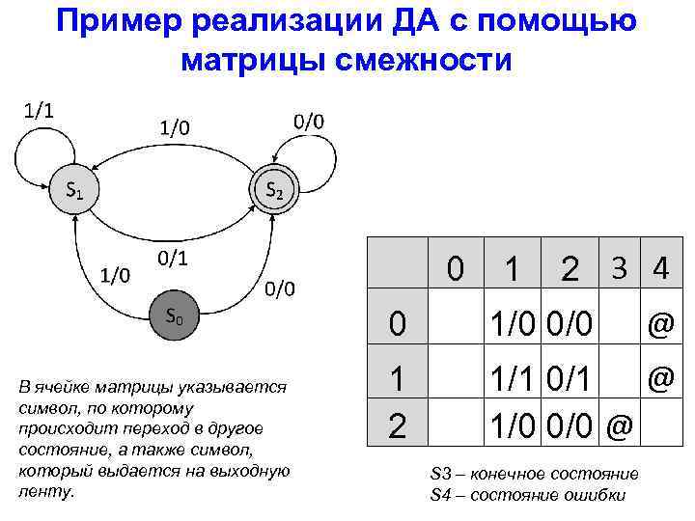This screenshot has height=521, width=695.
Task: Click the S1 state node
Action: [x=73, y=190]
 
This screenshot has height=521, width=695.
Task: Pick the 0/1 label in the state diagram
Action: [x=171, y=258]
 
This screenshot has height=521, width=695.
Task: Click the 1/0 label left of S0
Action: [x=115, y=276]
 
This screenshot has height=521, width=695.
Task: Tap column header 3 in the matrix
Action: [x=617, y=267]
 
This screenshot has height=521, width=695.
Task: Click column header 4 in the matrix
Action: [x=660, y=267]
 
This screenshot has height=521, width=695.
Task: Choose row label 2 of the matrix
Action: [x=397, y=426]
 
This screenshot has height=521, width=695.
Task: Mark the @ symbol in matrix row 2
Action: [x=618, y=425]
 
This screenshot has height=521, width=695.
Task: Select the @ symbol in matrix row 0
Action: [x=660, y=326]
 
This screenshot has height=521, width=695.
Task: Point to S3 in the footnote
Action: [x=441, y=474]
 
